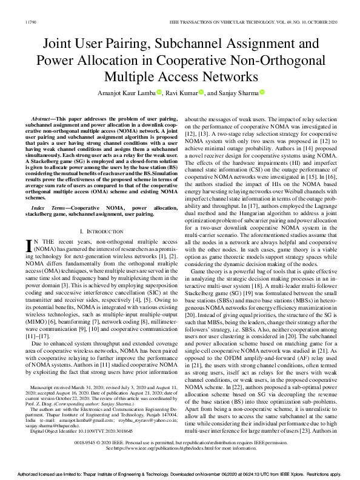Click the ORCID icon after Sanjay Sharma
click(x=262, y=92)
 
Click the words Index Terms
click(x=47, y=208)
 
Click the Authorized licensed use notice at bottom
click(x=179, y=475)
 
